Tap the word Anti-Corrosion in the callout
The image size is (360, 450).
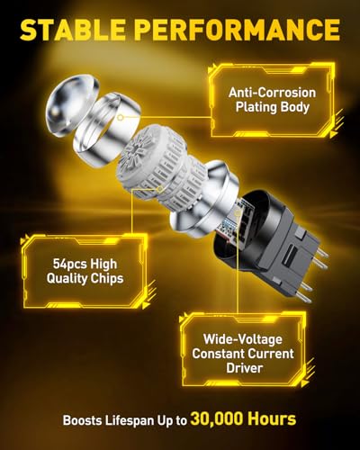click(272, 93)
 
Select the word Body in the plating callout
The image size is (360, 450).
click(294, 107)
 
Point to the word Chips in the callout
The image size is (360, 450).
click(107, 279)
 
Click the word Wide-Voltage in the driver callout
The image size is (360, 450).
click(243, 339)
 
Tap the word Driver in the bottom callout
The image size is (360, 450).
click(245, 368)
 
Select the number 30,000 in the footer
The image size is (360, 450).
click(216, 419)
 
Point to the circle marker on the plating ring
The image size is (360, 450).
click(120, 117)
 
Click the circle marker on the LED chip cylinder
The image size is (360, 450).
click(160, 189)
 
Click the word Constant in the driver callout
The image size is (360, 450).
click(219, 354)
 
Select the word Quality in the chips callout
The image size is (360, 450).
click(67, 279)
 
